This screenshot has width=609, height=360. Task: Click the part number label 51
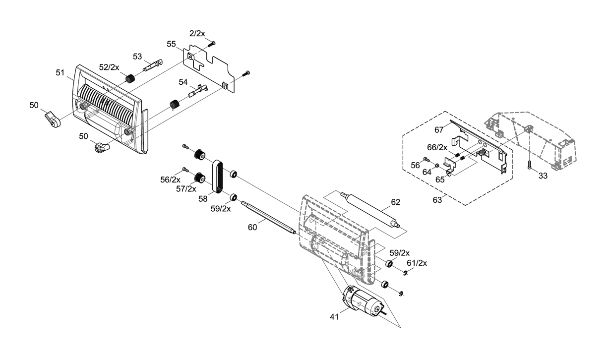pyautogui.click(x=60, y=72)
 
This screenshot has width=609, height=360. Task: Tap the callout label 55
pyautogui.click(x=171, y=44)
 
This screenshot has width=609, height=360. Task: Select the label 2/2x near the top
pyautogui.click(x=197, y=33)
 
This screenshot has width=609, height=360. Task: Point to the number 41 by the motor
pyautogui.click(x=334, y=317)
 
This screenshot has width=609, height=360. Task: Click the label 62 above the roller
pyautogui.click(x=396, y=202)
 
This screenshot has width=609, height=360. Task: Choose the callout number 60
pyautogui.click(x=252, y=227)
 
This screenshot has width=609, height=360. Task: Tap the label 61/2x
pyautogui.click(x=417, y=263)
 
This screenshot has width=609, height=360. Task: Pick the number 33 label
pyautogui.click(x=543, y=176)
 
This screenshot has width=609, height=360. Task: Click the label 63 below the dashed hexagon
pyautogui.click(x=437, y=200)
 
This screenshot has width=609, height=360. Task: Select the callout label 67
pyautogui.click(x=439, y=130)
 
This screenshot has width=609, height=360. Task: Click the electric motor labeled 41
pyautogui.click(x=363, y=302)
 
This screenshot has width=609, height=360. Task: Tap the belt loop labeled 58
pyautogui.click(x=217, y=177)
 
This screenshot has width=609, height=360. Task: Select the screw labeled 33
pyautogui.click(x=529, y=165)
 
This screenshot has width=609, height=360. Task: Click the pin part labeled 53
pyautogui.click(x=153, y=65)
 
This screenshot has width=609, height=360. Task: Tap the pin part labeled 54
pyautogui.click(x=198, y=91)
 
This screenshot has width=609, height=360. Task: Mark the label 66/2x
pyautogui.click(x=437, y=147)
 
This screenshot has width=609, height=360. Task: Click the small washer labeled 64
pyautogui.click(x=436, y=165)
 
